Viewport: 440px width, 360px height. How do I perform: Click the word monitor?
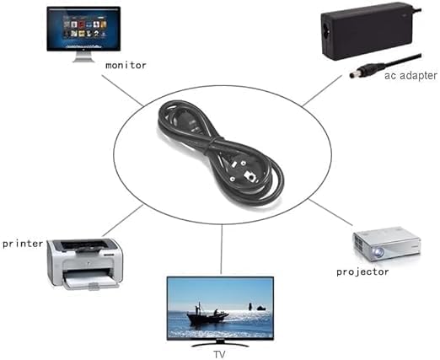pyautogui.click(x=126, y=66)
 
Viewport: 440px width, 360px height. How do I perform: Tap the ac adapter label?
pyautogui.click(x=410, y=76)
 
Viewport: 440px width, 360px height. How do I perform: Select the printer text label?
pyautogui.click(x=23, y=244)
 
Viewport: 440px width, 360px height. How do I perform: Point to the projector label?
pyautogui.click(x=362, y=271)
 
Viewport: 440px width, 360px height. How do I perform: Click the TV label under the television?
pyautogui.click(x=219, y=354)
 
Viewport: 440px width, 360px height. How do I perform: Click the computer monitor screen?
pyautogui.click(x=83, y=29)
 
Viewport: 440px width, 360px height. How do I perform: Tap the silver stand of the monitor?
pyautogui.click(x=83, y=56)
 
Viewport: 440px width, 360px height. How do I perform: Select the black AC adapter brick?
pyautogui.click(x=368, y=31)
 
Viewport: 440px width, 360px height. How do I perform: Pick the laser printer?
pyautogui.click(x=85, y=264)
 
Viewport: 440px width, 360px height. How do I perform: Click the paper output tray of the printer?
pyautogui.click(x=91, y=282)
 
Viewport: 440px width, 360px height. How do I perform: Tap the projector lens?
pyautogui.click(x=378, y=252)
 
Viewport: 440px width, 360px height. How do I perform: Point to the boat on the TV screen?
pyautogui.click(x=207, y=315)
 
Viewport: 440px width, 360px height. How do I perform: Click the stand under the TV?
pyautogui.click(x=220, y=344)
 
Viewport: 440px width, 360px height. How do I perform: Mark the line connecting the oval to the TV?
pyautogui.click(x=222, y=249)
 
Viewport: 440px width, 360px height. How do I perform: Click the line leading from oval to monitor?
pyautogui.click(x=122, y=90)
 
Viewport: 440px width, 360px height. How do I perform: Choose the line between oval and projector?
pyautogui.click(x=330, y=212)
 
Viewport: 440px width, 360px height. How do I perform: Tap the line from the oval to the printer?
pyautogui.click(x=123, y=220)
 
